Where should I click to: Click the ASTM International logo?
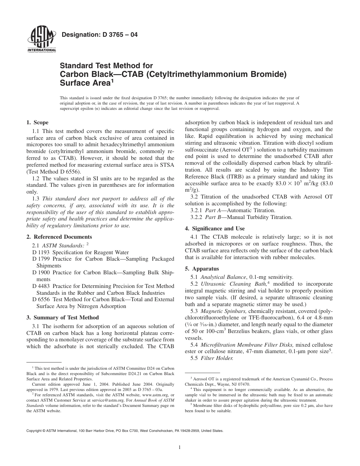(x=42, y=41)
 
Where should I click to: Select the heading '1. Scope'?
(x=37, y=122)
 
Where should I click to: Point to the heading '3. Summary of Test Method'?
(x=62, y=317)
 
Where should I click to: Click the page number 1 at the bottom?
(x=180, y=447)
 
